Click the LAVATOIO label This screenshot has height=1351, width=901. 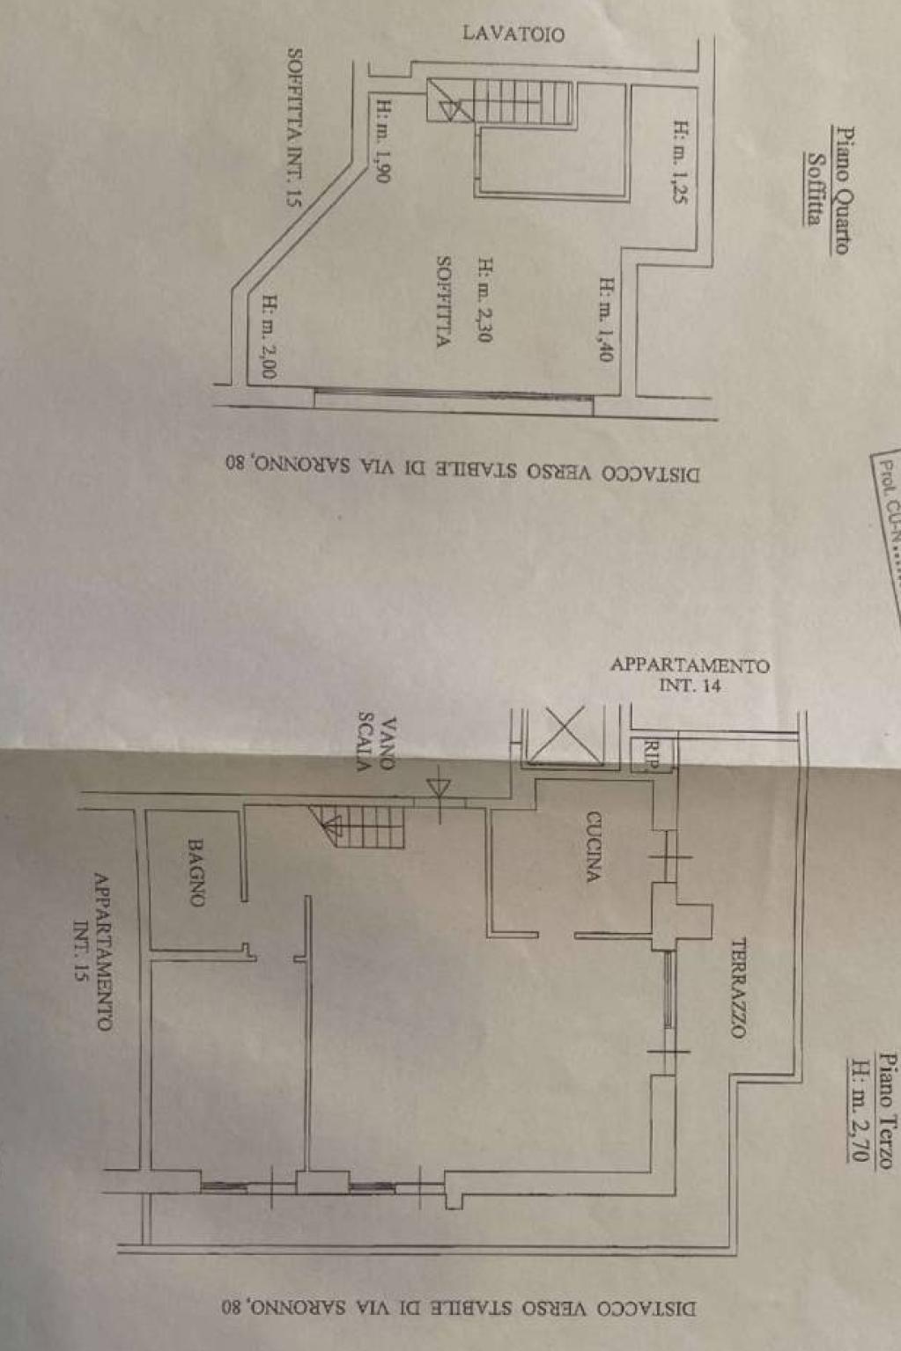click(x=513, y=34)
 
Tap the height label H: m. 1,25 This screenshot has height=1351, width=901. click(x=679, y=162)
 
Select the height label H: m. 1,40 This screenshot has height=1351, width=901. click(x=606, y=319)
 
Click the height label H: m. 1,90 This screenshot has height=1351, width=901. click(x=384, y=141)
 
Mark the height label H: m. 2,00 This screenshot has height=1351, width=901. click(x=270, y=336)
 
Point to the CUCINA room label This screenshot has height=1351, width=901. click(x=594, y=847)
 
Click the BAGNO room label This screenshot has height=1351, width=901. click(x=196, y=872)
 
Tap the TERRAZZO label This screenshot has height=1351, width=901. click(x=738, y=988)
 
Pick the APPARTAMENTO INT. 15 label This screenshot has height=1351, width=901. click(x=92, y=951)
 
